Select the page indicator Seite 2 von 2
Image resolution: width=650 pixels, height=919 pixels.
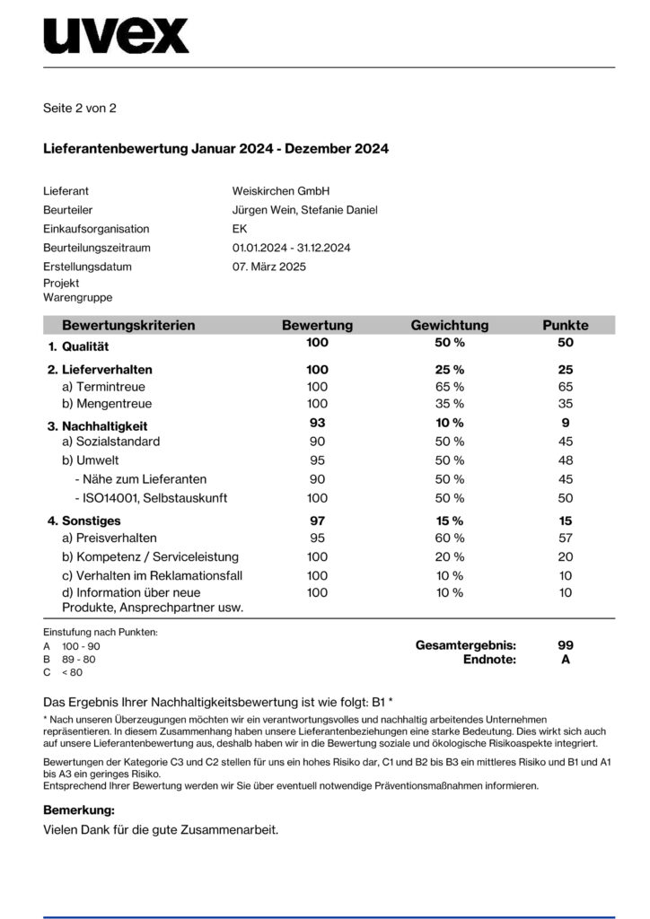click(80, 109)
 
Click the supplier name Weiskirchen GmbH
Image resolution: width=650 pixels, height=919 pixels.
click(281, 191)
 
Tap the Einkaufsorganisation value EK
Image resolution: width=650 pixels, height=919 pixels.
click(240, 229)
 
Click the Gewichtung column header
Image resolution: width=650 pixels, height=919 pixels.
click(449, 325)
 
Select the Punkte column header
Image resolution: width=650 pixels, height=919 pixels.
click(566, 325)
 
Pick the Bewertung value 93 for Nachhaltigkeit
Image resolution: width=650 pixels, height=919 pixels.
click(317, 423)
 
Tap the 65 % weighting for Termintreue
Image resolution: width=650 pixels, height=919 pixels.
click(449, 386)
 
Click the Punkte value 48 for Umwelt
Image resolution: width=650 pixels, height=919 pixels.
click(566, 459)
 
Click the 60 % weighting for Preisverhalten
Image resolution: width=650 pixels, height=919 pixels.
click(449, 538)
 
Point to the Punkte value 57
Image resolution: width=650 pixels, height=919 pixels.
click(566, 538)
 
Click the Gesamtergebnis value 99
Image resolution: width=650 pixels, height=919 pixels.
click(566, 645)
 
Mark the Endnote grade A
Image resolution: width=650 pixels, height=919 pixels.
click(566, 660)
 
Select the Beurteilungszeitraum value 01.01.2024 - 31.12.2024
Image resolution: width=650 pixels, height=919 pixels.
click(291, 248)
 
